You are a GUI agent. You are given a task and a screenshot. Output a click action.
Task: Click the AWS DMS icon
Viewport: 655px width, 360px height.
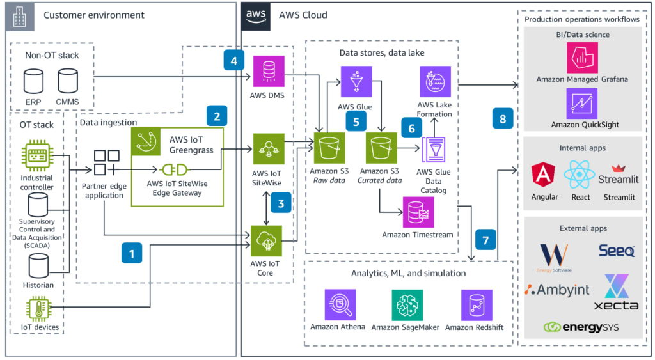pyautogui.click(x=268, y=72)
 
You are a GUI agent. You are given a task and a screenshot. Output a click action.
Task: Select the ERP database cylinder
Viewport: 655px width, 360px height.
pyautogui.click(x=33, y=81)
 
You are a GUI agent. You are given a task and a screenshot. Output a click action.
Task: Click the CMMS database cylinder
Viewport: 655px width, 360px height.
pyautogui.click(x=67, y=81)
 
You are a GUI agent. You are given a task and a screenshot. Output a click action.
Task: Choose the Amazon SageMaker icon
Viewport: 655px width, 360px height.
pyautogui.click(x=407, y=305)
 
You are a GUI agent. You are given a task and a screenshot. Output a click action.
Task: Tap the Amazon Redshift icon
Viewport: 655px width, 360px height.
pyautogui.click(x=477, y=305)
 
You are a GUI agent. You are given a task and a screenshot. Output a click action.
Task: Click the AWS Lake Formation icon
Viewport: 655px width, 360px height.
pyautogui.click(x=435, y=82)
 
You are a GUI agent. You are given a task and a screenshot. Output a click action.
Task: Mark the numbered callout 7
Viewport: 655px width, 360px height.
pyautogui.click(x=485, y=240)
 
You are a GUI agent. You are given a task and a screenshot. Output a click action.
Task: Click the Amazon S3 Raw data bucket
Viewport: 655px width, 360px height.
pyautogui.click(x=327, y=148)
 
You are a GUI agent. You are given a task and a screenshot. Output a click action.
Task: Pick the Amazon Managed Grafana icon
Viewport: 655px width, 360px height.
pyautogui.click(x=582, y=58)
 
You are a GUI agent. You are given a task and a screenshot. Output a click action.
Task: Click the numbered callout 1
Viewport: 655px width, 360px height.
pyautogui.click(x=132, y=253)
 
